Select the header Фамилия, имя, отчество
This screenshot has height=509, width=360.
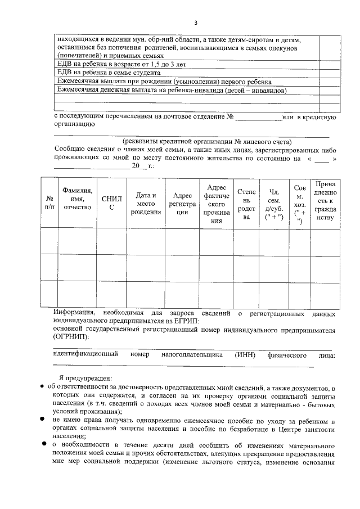pos(77,199)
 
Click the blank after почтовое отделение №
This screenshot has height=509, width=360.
pos(258,117)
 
